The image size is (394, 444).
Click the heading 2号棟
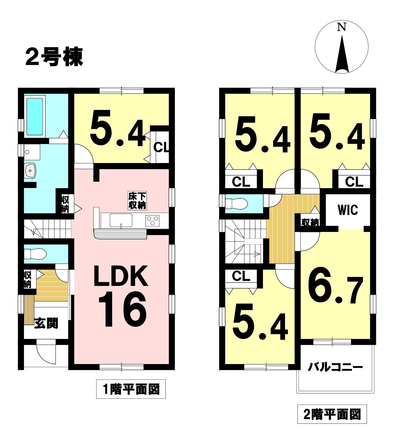pyautogui.click(x=54, y=57)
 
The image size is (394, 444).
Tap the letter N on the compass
pyautogui.click(x=342, y=27)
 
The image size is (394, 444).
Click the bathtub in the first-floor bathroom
pyautogui.click(x=35, y=116)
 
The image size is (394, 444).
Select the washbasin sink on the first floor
pyautogui.click(x=30, y=170)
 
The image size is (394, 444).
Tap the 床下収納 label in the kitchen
pyautogui.click(x=137, y=200)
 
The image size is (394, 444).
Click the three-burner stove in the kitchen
pyautogui.click(x=152, y=220)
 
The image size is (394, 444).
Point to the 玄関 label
pyautogui.click(x=46, y=324)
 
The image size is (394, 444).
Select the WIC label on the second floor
pyautogui.click(x=348, y=210)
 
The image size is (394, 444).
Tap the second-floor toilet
pyautogui.click(x=236, y=204)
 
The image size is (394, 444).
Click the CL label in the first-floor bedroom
pyautogui.click(x=161, y=147)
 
